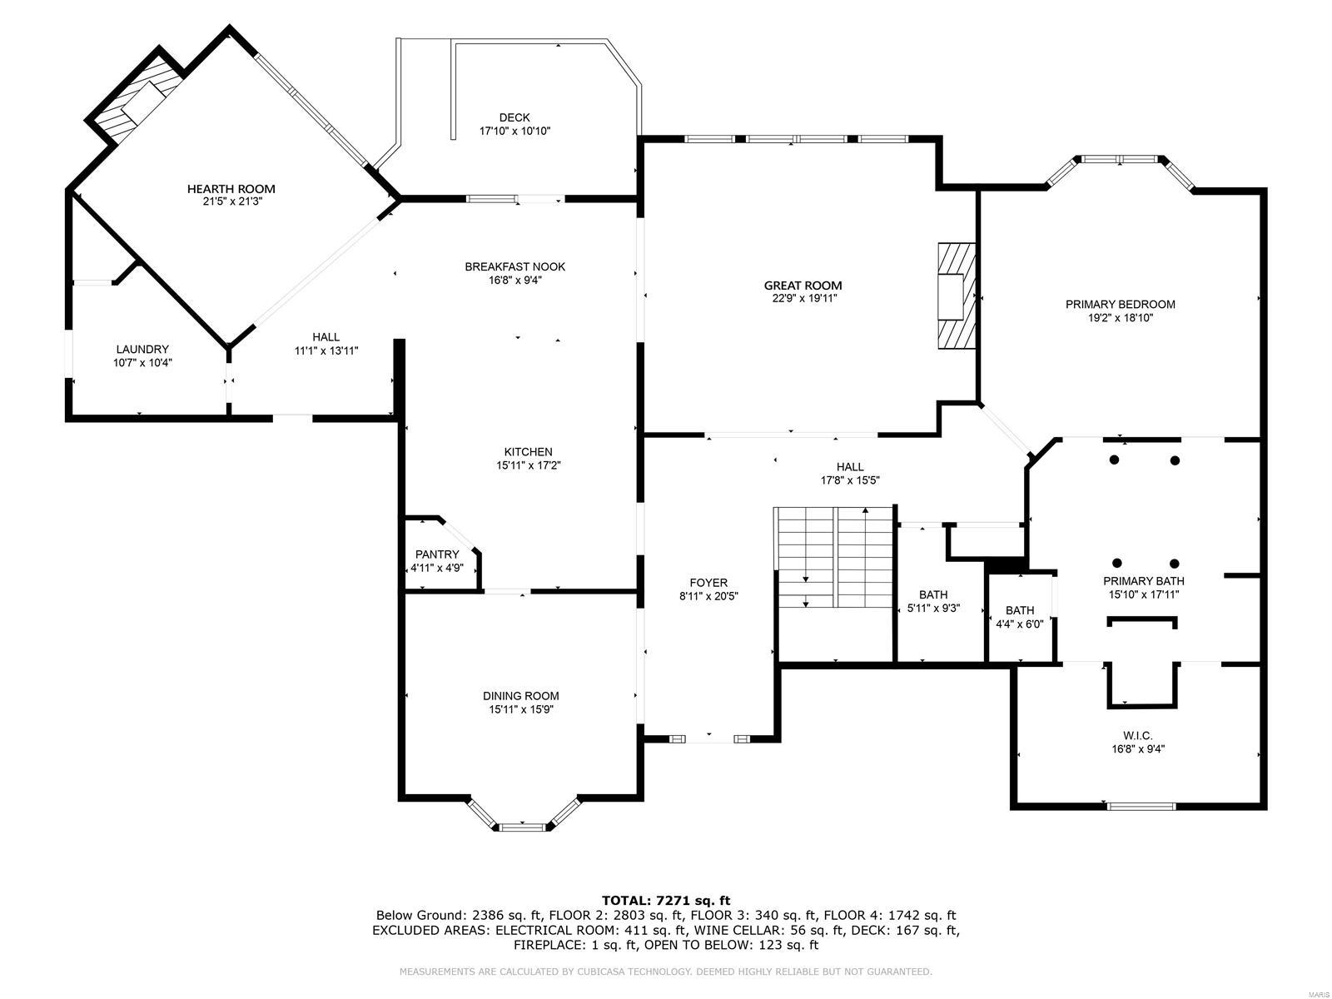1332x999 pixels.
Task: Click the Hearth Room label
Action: (x=231, y=189)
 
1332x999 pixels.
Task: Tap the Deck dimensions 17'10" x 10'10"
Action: (x=514, y=131)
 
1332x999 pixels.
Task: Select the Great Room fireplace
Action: (x=956, y=296)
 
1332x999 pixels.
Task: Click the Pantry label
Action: (x=437, y=554)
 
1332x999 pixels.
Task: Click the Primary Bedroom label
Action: (x=1120, y=304)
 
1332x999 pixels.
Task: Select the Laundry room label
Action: (x=142, y=350)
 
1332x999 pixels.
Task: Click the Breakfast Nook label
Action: (x=514, y=266)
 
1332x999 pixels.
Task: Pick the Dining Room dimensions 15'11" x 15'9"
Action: (x=520, y=709)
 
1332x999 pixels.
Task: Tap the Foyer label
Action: (x=708, y=583)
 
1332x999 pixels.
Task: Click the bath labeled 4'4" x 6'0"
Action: (x=1019, y=610)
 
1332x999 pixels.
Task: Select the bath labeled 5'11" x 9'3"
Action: (x=933, y=594)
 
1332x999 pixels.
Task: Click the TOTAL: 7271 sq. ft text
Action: (x=666, y=900)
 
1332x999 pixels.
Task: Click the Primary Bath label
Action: (x=1143, y=581)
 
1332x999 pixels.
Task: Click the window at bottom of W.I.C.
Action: (x=1141, y=806)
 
